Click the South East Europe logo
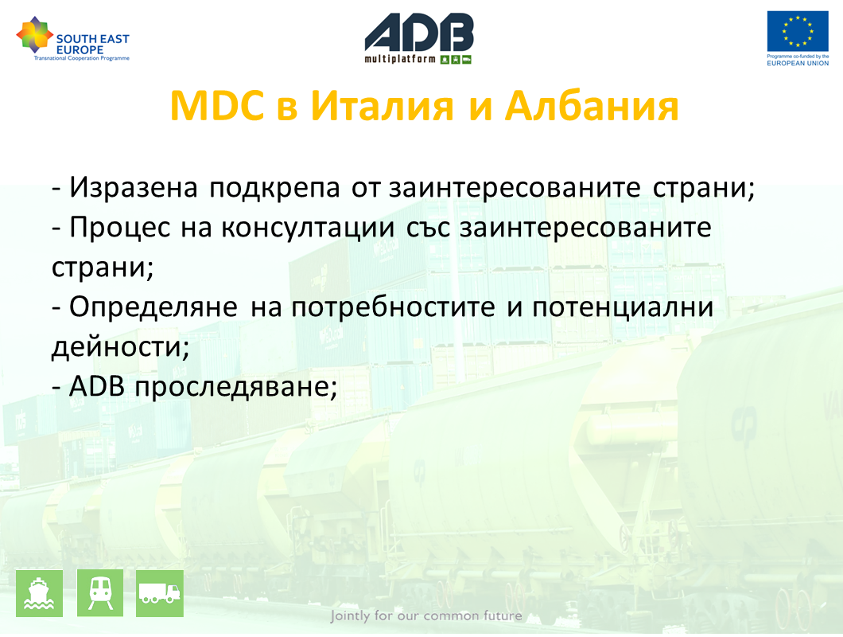point(73,39)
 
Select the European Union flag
point(798,31)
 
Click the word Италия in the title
point(383,106)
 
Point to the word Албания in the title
point(592,106)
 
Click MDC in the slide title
point(217,106)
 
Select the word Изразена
point(134,188)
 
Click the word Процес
point(120,228)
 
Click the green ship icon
point(39,593)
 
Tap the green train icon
point(100,593)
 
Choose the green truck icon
point(160,593)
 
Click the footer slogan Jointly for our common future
point(426,616)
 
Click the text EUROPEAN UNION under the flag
point(798,63)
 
